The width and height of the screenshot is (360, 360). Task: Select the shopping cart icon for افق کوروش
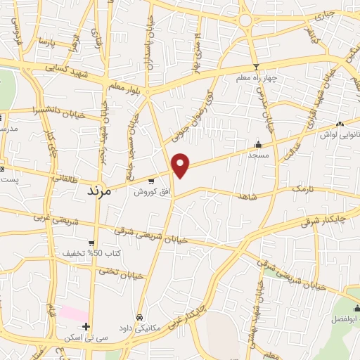(150, 181)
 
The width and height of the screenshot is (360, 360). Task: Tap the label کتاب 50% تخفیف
(91, 252)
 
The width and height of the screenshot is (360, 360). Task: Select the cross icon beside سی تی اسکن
(86, 326)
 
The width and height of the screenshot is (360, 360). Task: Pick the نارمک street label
(301, 189)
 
